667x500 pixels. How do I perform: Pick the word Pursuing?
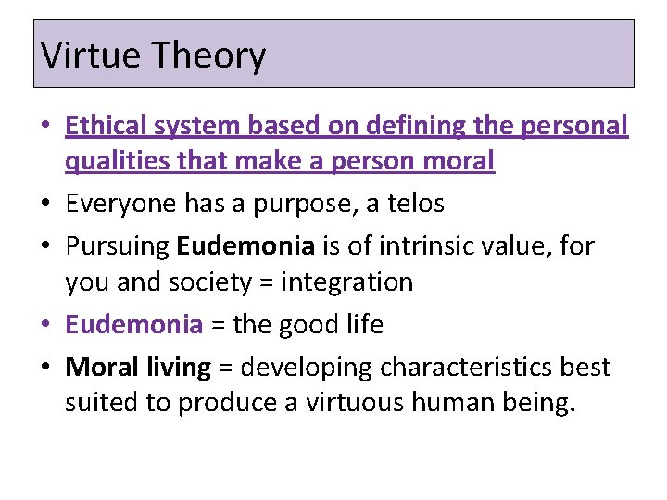pos(117,246)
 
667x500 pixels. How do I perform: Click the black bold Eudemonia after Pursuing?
pos(245,245)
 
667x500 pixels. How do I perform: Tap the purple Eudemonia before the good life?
pos(134,325)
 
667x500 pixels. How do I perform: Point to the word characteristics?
pos(465,367)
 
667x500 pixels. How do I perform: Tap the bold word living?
pos(179,369)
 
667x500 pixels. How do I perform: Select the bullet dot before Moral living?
pos(45,368)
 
